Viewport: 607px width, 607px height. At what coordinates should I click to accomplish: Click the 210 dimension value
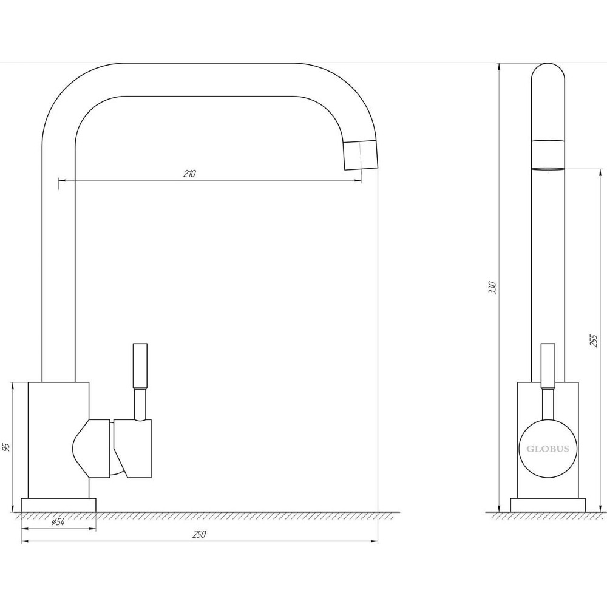coord(189,174)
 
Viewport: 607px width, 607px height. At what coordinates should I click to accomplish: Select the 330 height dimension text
coord(492,288)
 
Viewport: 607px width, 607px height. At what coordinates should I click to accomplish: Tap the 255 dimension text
coord(594,341)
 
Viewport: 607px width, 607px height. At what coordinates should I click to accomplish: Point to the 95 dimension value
coord(7,447)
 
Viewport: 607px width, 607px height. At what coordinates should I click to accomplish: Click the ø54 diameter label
coord(58,521)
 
